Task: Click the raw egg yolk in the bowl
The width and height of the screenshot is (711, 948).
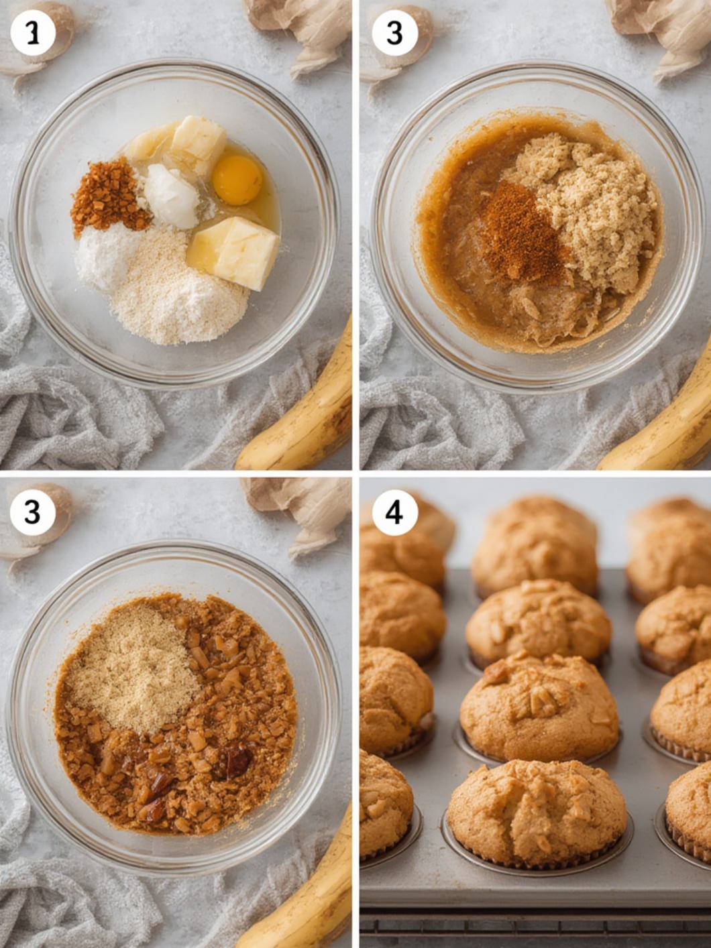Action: [237, 179]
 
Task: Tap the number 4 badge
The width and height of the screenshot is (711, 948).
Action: [394, 512]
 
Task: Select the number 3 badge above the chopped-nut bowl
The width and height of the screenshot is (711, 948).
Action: [32, 512]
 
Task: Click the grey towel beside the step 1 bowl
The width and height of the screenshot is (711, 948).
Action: [67, 416]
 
